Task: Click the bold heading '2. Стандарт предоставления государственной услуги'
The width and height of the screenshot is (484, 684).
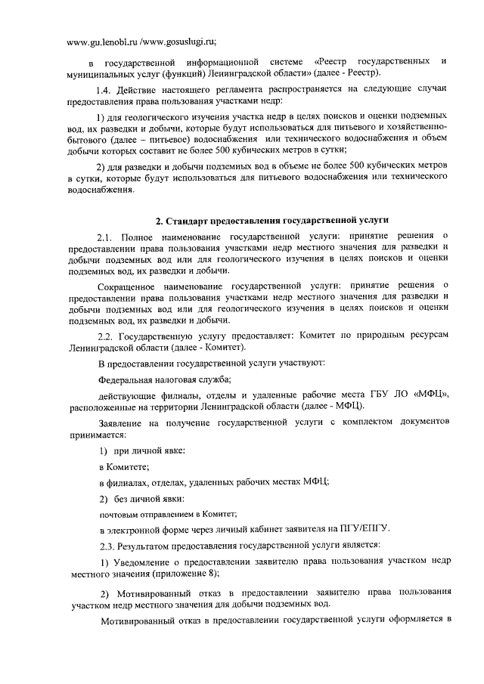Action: (x=272, y=220)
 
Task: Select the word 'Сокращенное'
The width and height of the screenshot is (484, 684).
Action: (x=135, y=283)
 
